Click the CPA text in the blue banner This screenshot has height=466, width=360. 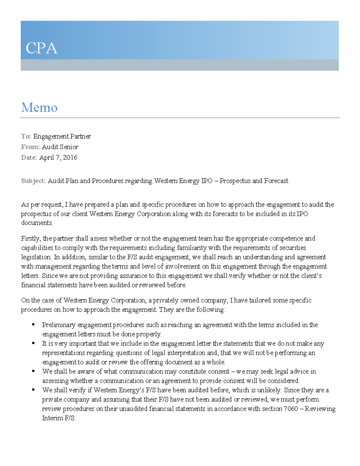coord(41,48)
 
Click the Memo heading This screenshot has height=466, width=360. coord(39,107)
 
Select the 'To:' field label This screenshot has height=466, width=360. coord(26,137)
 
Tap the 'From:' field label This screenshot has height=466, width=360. coord(30,147)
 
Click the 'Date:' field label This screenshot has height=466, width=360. coord(29,158)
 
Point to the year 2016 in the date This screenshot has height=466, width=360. coord(70,158)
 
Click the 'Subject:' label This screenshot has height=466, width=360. coord(33,181)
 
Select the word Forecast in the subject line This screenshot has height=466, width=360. coord(276,181)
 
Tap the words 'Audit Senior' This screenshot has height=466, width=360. coord(60,147)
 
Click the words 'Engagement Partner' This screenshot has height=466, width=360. coord(62,137)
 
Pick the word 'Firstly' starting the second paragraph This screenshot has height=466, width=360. coord(31,239)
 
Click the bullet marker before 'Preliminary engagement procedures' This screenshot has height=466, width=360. coord(33,324)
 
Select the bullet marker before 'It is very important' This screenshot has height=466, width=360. coord(33,343)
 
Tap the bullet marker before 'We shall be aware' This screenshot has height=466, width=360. coord(33,371)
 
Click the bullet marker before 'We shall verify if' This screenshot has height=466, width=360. coord(33,389)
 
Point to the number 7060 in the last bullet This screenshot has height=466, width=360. coord(290,409)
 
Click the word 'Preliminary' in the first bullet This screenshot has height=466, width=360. coord(59,325)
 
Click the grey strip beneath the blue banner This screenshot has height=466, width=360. coord(180,65)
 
